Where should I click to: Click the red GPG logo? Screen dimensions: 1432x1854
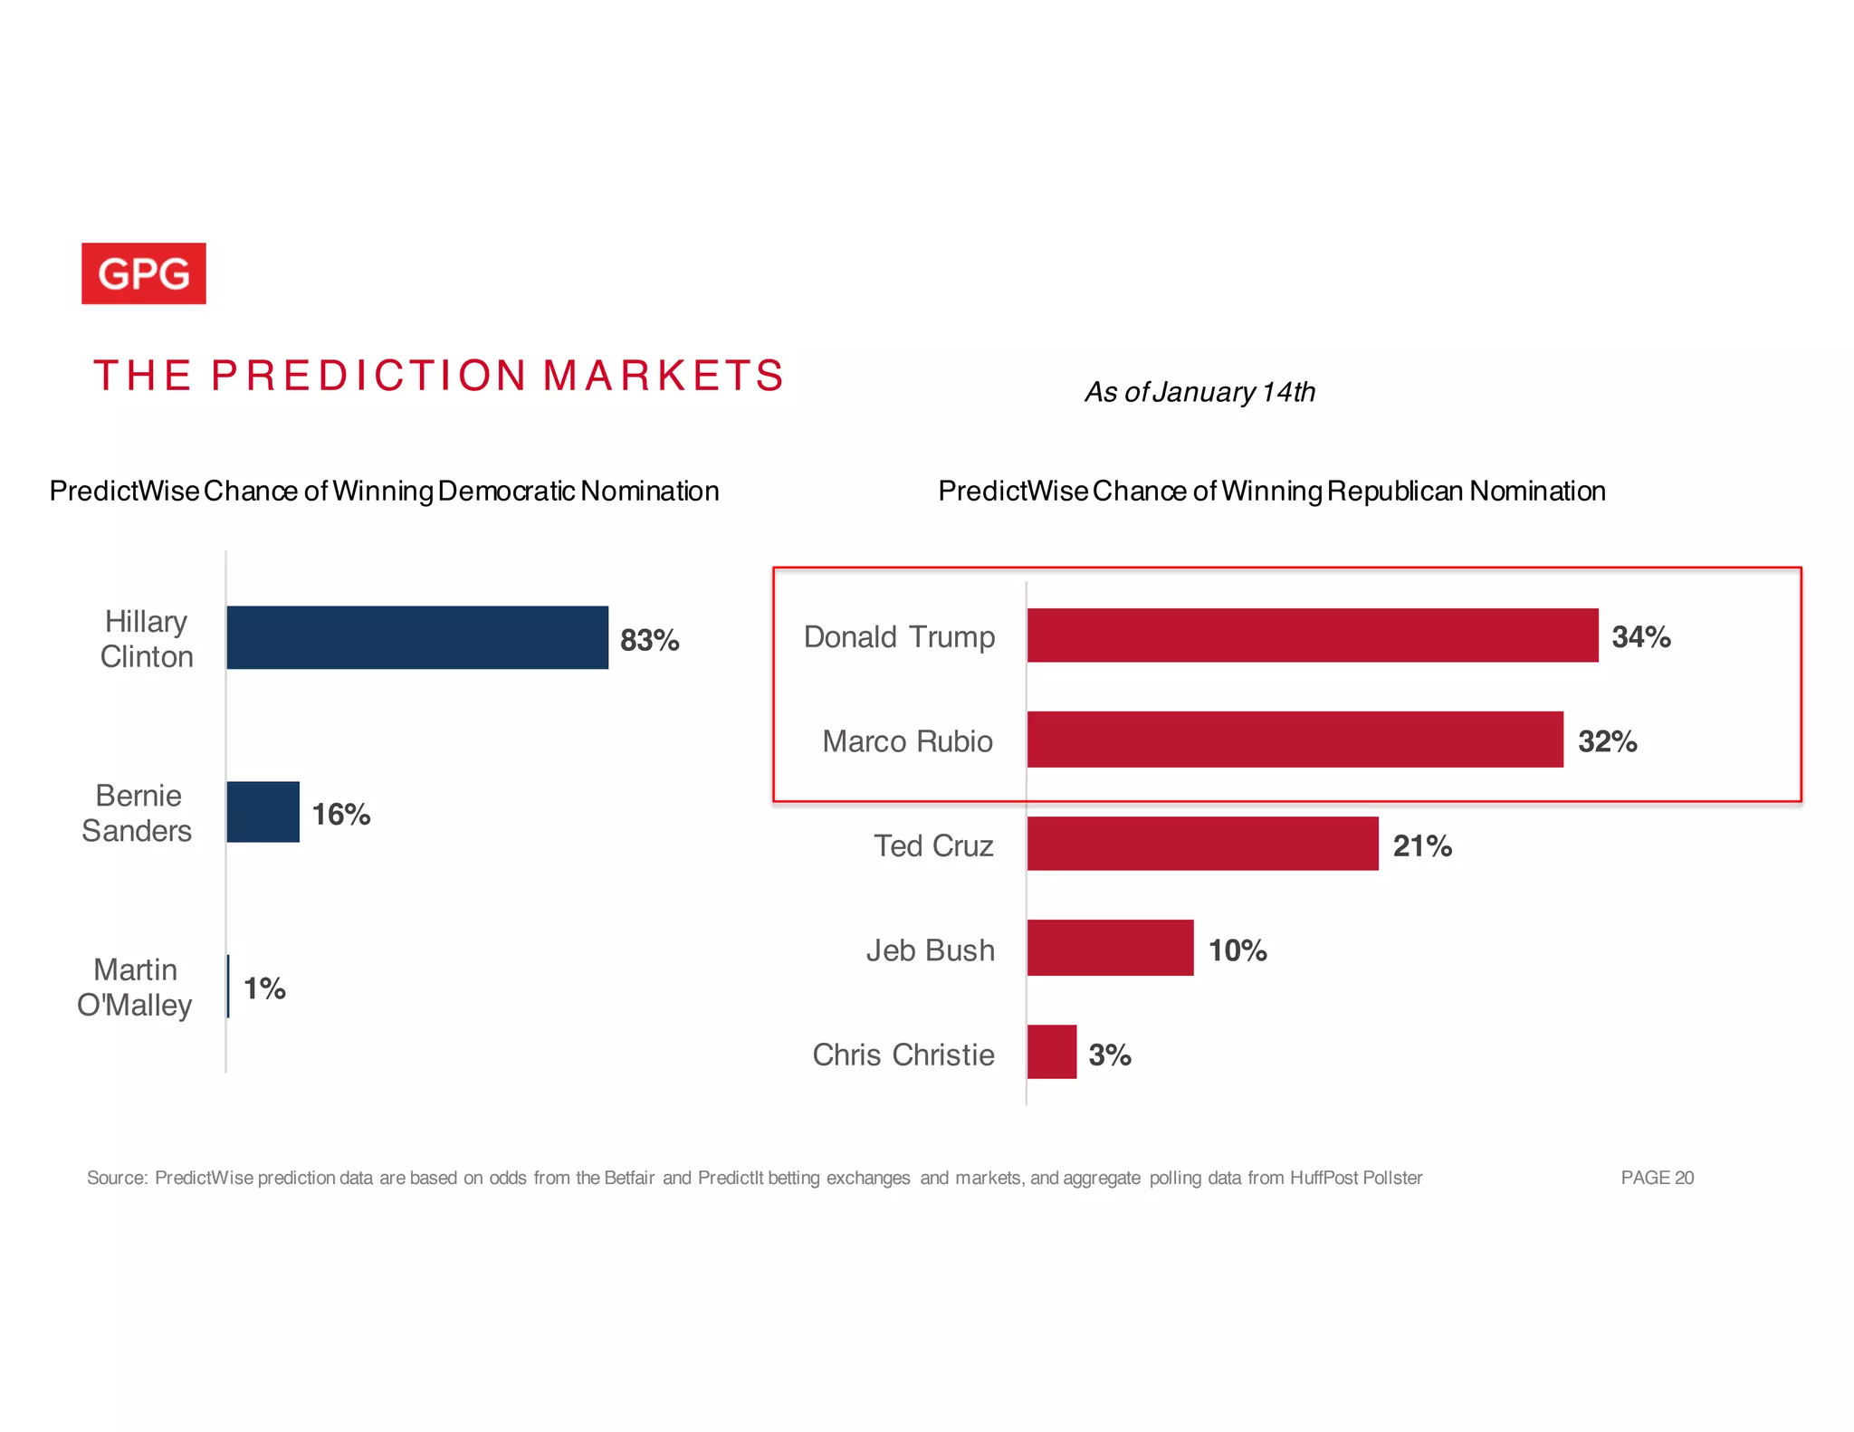pyautogui.click(x=143, y=273)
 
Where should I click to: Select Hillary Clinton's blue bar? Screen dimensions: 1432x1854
pyautogui.click(x=416, y=637)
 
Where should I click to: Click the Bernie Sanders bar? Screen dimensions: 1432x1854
pyautogui.click(x=263, y=812)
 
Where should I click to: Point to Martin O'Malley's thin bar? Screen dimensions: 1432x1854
pyautogui.click(x=228, y=986)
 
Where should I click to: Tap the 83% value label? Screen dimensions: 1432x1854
pyautogui.click(x=649, y=640)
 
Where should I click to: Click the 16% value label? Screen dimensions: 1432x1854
pyautogui.click(x=341, y=814)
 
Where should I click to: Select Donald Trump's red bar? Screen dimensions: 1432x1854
pyautogui.click(x=1312, y=635)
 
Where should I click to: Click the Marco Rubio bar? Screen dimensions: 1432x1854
pyautogui.click(x=1295, y=740)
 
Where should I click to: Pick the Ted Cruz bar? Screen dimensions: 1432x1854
pyautogui.click(x=1202, y=844)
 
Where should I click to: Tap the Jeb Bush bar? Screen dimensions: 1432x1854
pyautogui.click(x=1110, y=948)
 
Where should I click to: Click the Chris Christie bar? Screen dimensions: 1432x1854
pyautogui.click(x=1051, y=1052)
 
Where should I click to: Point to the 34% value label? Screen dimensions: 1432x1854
pyautogui.click(x=1640, y=636)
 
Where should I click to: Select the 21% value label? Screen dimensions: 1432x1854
pyautogui.click(x=1421, y=845)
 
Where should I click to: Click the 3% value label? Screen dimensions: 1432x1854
pyautogui.click(x=1109, y=1055)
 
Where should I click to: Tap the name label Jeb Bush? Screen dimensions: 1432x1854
pyautogui.click(x=930, y=950)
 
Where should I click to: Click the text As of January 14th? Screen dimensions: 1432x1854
pyautogui.click(x=1199, y=392)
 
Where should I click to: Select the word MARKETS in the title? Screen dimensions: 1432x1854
pyautogui.click(x=664, y=375)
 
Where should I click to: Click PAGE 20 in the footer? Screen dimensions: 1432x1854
pyautogui.click(x=1657, y=1178)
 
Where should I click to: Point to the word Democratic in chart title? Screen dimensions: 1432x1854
pyautogui.click(x=507, y=491)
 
